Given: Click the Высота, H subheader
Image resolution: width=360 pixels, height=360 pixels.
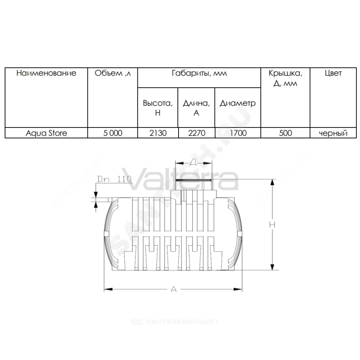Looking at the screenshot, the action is coord(158,108).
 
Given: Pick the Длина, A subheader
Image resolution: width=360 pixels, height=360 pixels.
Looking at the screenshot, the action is coord(196,108).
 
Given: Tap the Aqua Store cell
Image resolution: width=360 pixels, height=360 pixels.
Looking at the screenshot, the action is coord(46,133).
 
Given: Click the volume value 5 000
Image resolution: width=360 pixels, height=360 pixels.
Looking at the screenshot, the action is coord(113,133).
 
